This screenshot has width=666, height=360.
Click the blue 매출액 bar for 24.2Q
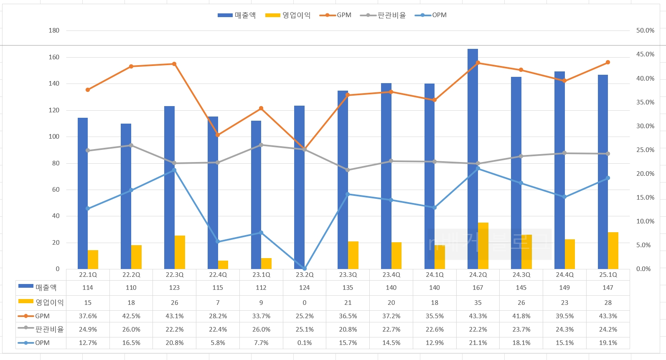pyautogui.click(x=473, y=159)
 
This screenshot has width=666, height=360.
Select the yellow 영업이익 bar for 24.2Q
pyautogui.click(x=483, y=246)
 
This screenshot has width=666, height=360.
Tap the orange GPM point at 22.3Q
pyautogui.click(x=174, y=64)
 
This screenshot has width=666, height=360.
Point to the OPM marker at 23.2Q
pyautogui.click(x=305, y=269)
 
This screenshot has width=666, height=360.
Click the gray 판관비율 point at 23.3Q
pyautogui.click(x=348, y=170)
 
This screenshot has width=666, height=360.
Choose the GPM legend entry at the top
pyautogui.click(x=336, y=15)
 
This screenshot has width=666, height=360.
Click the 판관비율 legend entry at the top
pyautogui.click(x=383, y=15)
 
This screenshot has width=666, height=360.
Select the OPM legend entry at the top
pyautogui.click(x=431, y=15)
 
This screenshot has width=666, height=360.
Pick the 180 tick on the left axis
pyautogui.click(x=54, y=30)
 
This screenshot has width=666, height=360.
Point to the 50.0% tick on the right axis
pyautogui.click(x=645, y=30)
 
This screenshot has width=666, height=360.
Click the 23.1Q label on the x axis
pyautogui.click(x=261, y=275)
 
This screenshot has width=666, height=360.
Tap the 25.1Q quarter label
pyautogui.click(x=608, y=275)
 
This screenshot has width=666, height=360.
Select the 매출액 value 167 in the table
pyautogui.click(x=478, y=288)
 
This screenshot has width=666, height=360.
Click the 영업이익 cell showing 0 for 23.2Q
pyautogui.click(x=305, y=303)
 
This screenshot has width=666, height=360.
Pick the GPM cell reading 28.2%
pyautogui.click(x=218, y=316)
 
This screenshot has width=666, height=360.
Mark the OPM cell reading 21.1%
pyautogui.click(x=478, y=343)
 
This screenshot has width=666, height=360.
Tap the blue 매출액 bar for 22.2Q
pyautogui.click(x=126, y=196)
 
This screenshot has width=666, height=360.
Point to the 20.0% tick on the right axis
pyautogui.click(x=645, y=174)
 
